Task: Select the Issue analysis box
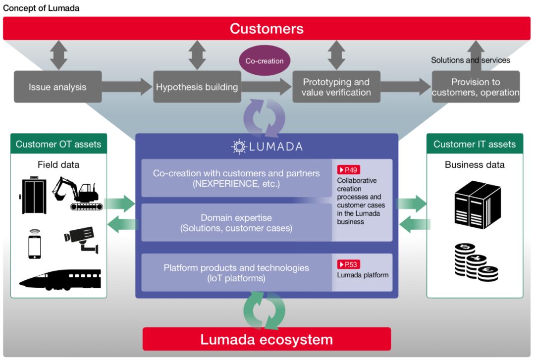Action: point(57,87)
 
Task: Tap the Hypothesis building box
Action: point(197,87)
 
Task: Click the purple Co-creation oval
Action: point(265,61)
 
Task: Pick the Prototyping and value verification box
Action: point(336,87)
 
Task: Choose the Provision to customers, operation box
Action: point(476,87)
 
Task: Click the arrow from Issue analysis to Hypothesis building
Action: point(127,87)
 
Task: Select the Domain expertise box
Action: point(236,223)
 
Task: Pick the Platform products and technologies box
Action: point(236,273)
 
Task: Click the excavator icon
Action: point(77,193)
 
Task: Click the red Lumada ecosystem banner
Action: point(267,339)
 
